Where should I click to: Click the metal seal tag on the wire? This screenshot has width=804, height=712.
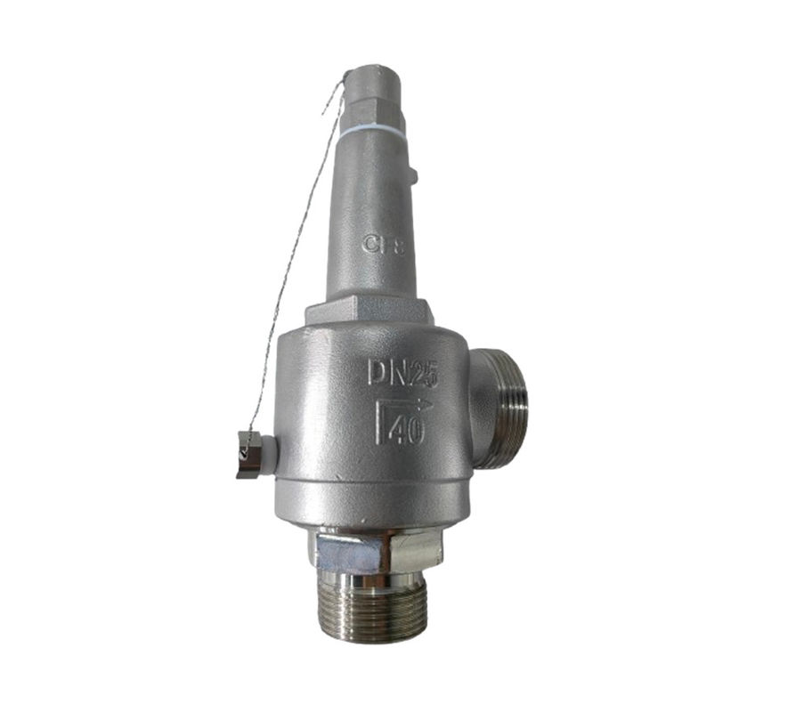pyautogui.click(x=247, y=454)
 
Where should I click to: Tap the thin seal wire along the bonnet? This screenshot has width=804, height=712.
pyautogui.click(x=294, y=267)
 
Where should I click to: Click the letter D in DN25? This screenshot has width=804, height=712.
pyautogui.click(x=378, y=371)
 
